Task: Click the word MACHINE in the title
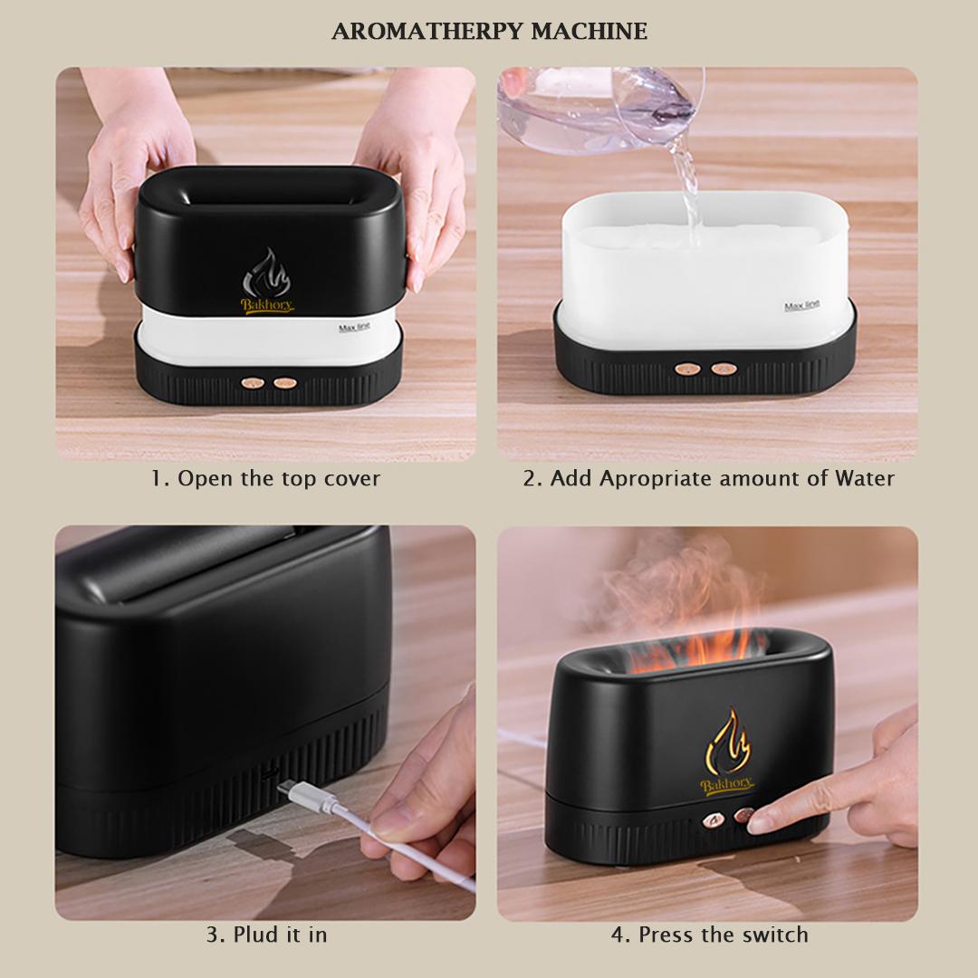tap(589, 32)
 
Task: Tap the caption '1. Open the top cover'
tap(265, 478)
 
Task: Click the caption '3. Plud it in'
tap(265, 934)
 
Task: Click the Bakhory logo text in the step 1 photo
tap(267, 305)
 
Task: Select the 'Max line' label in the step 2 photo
tap(801, 306)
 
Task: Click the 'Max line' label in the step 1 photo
tap(354, 327)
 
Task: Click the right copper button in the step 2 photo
tap(722, 369)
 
